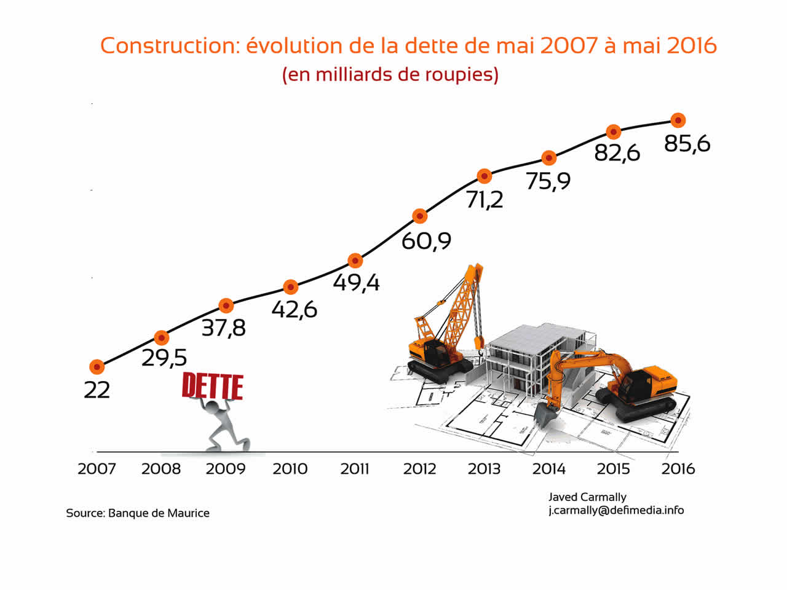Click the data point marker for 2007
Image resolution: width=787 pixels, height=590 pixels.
(x=97, y=367)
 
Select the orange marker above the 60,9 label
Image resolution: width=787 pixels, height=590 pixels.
(x=419, y=216)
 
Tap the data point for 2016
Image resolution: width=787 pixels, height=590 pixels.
(x=678, y=120)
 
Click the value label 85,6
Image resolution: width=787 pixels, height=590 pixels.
(x=687, y=144)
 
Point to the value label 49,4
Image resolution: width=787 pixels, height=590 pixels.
(x=356, y=282)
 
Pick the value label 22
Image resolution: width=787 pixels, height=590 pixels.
(x=97, y=390)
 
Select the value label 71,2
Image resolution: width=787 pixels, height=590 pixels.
(x=484, y=200)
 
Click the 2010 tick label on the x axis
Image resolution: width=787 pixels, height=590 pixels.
(x=290, y=469)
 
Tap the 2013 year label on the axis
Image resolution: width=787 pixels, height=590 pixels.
(x=484, y=469)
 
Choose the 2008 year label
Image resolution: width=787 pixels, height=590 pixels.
(x=161, y=469)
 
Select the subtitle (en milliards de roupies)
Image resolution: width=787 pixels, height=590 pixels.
(x=390, y=74)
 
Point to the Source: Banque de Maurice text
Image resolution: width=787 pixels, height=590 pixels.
(x=138, y=513)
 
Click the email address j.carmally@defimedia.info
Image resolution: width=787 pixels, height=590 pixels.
(x=616, y=510)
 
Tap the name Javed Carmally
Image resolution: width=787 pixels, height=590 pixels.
(x=587, y=497)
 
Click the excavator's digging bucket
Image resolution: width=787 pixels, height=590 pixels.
(x=545, y=415)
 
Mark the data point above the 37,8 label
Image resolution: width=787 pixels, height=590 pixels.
(x=226, y=305)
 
